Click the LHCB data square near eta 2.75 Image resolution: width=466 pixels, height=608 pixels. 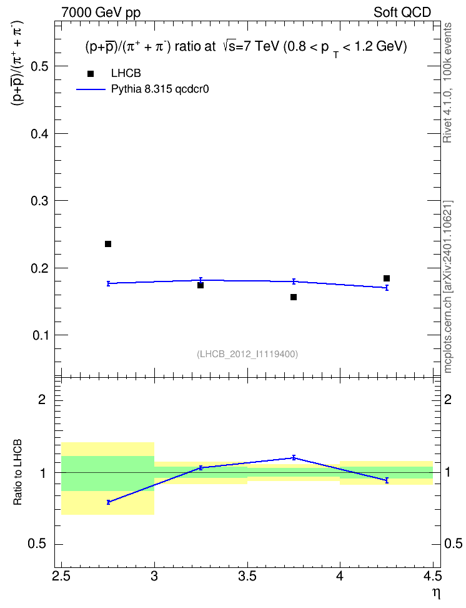108,244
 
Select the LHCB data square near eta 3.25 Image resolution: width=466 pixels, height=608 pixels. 201,285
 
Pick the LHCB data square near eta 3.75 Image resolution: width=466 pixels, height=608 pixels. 294,297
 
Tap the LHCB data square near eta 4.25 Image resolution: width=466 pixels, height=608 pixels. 387,278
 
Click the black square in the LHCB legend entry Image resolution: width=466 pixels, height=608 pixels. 91,74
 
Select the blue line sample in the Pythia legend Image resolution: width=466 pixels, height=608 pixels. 91,89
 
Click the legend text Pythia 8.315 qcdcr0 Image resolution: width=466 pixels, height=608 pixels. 160,89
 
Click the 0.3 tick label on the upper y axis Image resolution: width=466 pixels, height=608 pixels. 40,201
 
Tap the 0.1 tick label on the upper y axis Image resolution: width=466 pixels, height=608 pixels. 40,335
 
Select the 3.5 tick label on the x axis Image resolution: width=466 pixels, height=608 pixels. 247,576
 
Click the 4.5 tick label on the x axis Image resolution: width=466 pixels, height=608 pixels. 433,576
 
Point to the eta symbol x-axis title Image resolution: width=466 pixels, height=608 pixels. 436,594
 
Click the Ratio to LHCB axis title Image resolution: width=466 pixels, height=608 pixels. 17,472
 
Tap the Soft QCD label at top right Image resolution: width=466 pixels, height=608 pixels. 402,13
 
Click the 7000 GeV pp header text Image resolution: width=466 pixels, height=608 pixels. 101,13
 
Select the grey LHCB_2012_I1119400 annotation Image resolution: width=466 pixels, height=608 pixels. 247,354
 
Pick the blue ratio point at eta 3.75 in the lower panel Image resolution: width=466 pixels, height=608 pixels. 294,457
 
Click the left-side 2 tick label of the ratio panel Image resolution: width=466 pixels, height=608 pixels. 42,399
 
